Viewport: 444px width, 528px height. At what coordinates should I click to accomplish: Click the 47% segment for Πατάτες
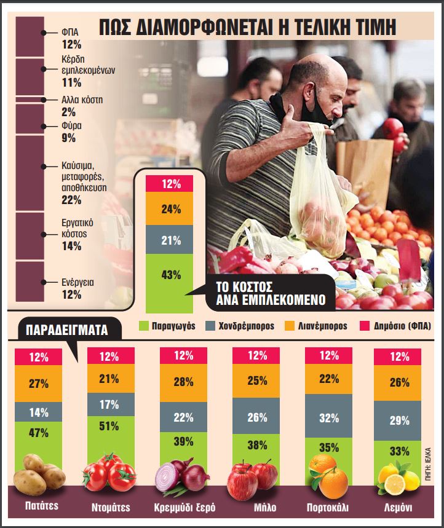tap(38, 433)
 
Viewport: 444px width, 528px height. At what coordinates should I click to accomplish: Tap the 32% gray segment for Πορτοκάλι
tap(329, 418)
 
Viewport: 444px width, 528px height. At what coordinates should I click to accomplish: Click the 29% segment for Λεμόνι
tap(400, 420)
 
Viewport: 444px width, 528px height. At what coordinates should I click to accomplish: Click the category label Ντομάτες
tap(111, 508)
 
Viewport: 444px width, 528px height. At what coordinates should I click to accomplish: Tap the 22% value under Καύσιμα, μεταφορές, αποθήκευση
tap(72, 200)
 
